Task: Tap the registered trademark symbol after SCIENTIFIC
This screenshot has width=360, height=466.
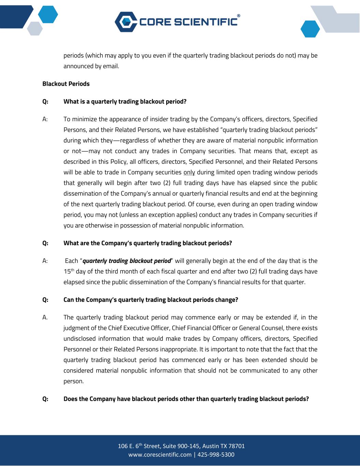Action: coord(238,16)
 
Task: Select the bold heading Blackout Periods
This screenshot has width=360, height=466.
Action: coord(66,84)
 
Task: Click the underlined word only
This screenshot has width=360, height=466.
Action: coord(189,172)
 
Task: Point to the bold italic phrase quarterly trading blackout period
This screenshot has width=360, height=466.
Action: coord(127,261)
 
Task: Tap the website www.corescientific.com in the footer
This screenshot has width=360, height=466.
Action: coord(160,455)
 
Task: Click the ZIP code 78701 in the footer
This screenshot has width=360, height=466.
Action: coord(237,446)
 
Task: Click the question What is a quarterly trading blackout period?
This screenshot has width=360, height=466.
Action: coord(125,102)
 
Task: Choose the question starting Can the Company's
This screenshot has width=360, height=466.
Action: coord(150,300)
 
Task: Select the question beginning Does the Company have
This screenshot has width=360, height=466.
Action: coord(186,399)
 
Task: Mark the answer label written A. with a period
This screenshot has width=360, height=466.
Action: coord(45,317)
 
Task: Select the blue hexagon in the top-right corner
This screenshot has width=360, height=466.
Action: coord(310,29)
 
